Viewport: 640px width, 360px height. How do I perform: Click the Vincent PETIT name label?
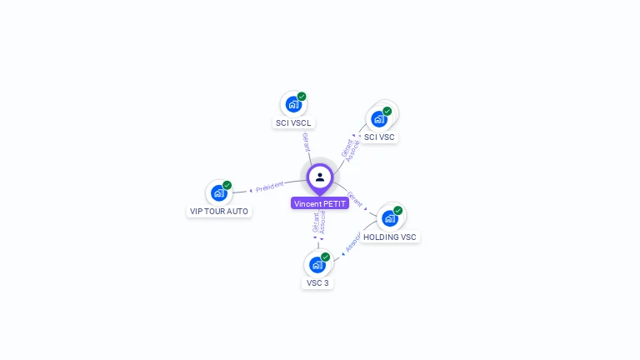pyautogui.click(x=320, y=203)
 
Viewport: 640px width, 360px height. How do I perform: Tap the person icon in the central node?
pyautogui.click(x=320, y=177)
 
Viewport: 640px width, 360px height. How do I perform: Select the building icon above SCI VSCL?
pyautogui.click(x=292, y=104)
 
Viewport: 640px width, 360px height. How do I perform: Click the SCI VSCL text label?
pyautogui.click(x=293, y=122)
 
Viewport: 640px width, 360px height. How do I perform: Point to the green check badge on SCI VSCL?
pyautogui.click(x=302, y=97)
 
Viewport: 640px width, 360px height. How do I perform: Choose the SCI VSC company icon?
pyautogui.click(x=379, y=118)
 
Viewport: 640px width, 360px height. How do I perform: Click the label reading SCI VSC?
pyautogui.click(x=379, y=137)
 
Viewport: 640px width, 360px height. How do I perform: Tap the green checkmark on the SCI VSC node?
pyautogui.click(x=387, y=111)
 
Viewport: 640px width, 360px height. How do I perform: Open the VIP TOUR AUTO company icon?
pyautogui.click(x=218, y=193)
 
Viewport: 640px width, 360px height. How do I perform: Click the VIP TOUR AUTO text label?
pyautogui.click(x=219, y=212)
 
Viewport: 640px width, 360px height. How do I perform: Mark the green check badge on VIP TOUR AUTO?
pyautogui.click(x=227, y=186)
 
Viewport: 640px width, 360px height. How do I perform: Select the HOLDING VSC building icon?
pyautogui.click(x=389, y=218)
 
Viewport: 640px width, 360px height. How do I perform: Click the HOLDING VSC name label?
pyautogui.click(x=390, y=237)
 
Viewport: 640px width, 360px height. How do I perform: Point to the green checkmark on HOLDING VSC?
pyautogui.click(x=398, y=211)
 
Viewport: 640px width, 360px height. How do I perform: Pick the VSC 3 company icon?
pyautogui.click(x=317, y=264)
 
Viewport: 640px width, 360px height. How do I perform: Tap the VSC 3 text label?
pyautogui.click(x=317, y=282)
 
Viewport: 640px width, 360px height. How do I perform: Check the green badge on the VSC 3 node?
pyautogui.click(x=326, y=257)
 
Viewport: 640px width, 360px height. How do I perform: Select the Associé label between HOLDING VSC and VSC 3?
pyautogui.click(x=352, y=242)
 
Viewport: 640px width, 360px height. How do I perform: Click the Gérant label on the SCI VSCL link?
pyautogui.click(x=306, y=142)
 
